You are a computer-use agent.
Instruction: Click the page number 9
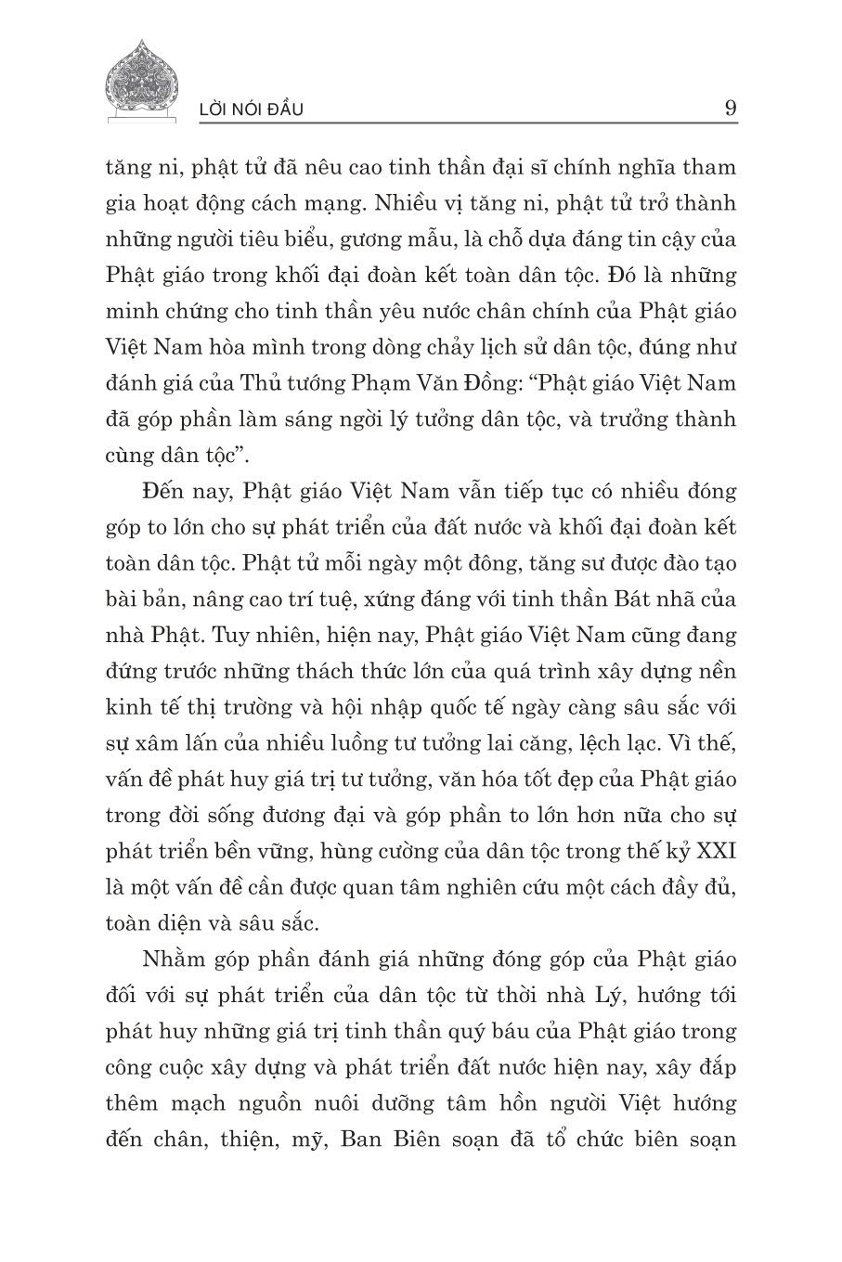pos(730,109)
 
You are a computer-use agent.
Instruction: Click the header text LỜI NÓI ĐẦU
pos(252,110)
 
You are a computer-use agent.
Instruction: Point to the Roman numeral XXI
pos(713,851)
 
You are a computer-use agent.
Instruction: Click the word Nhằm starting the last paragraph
pos(177,959)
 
